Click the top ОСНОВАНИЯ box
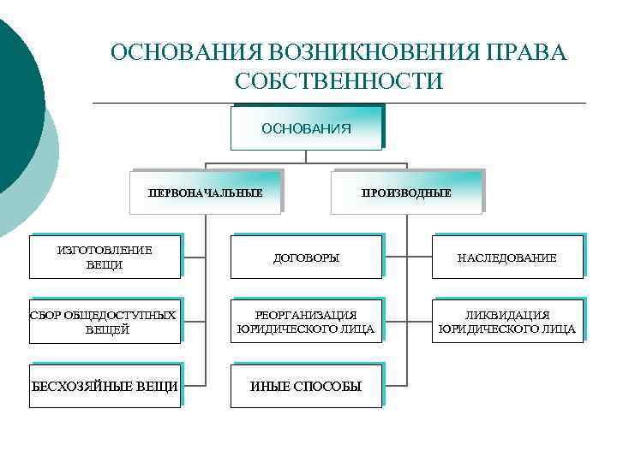coord(306,128)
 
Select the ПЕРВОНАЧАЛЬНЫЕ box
coord(206,192)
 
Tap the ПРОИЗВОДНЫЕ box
coord(407,192)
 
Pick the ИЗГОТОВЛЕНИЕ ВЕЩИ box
coord(105,257)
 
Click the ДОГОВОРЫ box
coord(306,257)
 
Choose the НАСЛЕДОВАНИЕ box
coord(507,257)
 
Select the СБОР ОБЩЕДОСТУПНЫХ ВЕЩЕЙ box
coord(105,322)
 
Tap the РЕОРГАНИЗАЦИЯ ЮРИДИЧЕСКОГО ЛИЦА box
coord(306,322)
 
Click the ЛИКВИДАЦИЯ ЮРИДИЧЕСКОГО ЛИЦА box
coord(507,322)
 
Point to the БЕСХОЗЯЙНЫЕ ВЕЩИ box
coord(105,387)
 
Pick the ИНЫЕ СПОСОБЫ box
coord(306,387)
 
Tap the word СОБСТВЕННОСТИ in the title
coord(338,81)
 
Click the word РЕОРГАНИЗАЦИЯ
coord(307,315)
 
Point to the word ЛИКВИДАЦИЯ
coord(507,315)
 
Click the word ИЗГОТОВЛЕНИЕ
coord(105,250)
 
